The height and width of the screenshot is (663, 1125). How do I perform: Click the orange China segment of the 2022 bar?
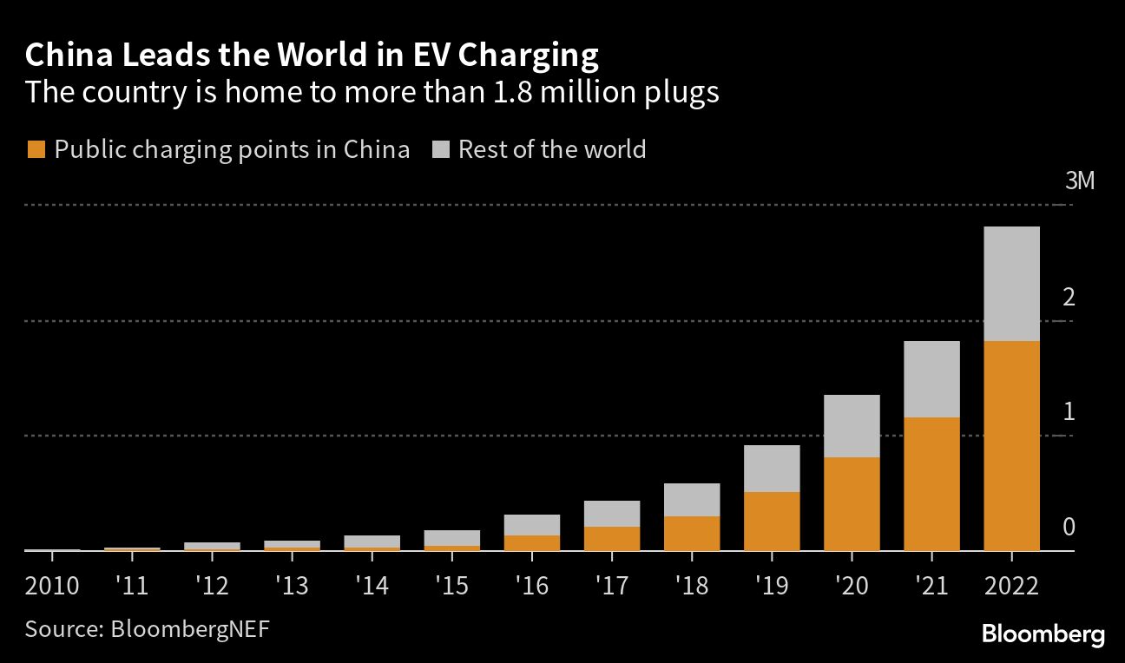pyautogui.click(x=1011, y=445)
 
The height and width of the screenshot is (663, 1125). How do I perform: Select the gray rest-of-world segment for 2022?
pyautogui.click(x=1011, y=284)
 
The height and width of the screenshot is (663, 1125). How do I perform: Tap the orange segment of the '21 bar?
pyautogui.click(x=931, y=483)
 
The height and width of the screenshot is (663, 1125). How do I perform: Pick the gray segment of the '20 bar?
pyautogui.click(x=852, y=426)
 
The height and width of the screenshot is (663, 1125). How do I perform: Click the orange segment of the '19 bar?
pyautogui.click(x=772, y=521)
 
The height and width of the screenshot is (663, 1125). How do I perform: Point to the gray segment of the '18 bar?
pyautogui.click(x=692, y=500)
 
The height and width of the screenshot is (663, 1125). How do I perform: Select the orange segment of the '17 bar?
pyautogui.click(x=612, y=538)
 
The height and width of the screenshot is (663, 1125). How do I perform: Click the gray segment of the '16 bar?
pyautogui.click(x=532, y=525)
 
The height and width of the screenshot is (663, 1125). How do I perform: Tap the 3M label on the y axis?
pyautogui.click(x=1081, y=182)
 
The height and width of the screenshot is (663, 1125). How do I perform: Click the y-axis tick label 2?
pyautogui.click(x=1069, y=298)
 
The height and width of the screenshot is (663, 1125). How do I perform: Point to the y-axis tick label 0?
pyautogui.click(x=1069, y=528)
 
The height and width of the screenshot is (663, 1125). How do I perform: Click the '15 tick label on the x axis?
pyautogui.click(x=451, y=586)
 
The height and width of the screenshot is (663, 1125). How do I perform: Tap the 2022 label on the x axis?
pyautogui.click(x=1011, y=586)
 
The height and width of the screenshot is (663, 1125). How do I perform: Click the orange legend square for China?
pyautogui.click(x=36, y=150)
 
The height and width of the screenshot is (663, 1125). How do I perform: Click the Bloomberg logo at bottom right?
pyautogui.click(x=1043, y=634)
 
